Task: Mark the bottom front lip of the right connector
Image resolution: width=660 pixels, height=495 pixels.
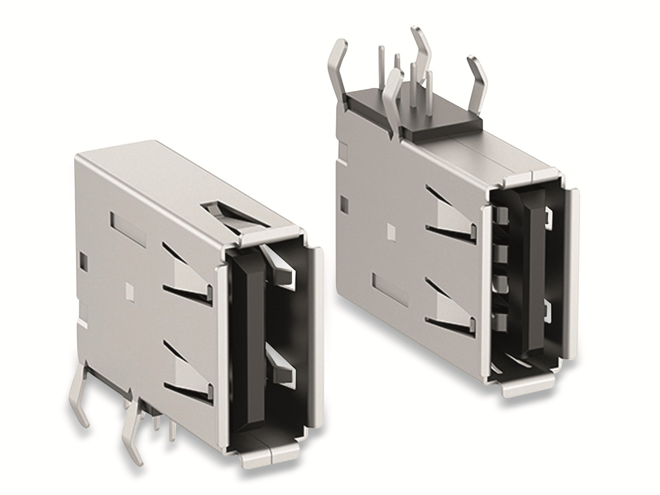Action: pyautogui.click(x=528, y=385)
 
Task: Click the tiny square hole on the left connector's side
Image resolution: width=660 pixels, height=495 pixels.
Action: pyautogui.click(x=130, y=290)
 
